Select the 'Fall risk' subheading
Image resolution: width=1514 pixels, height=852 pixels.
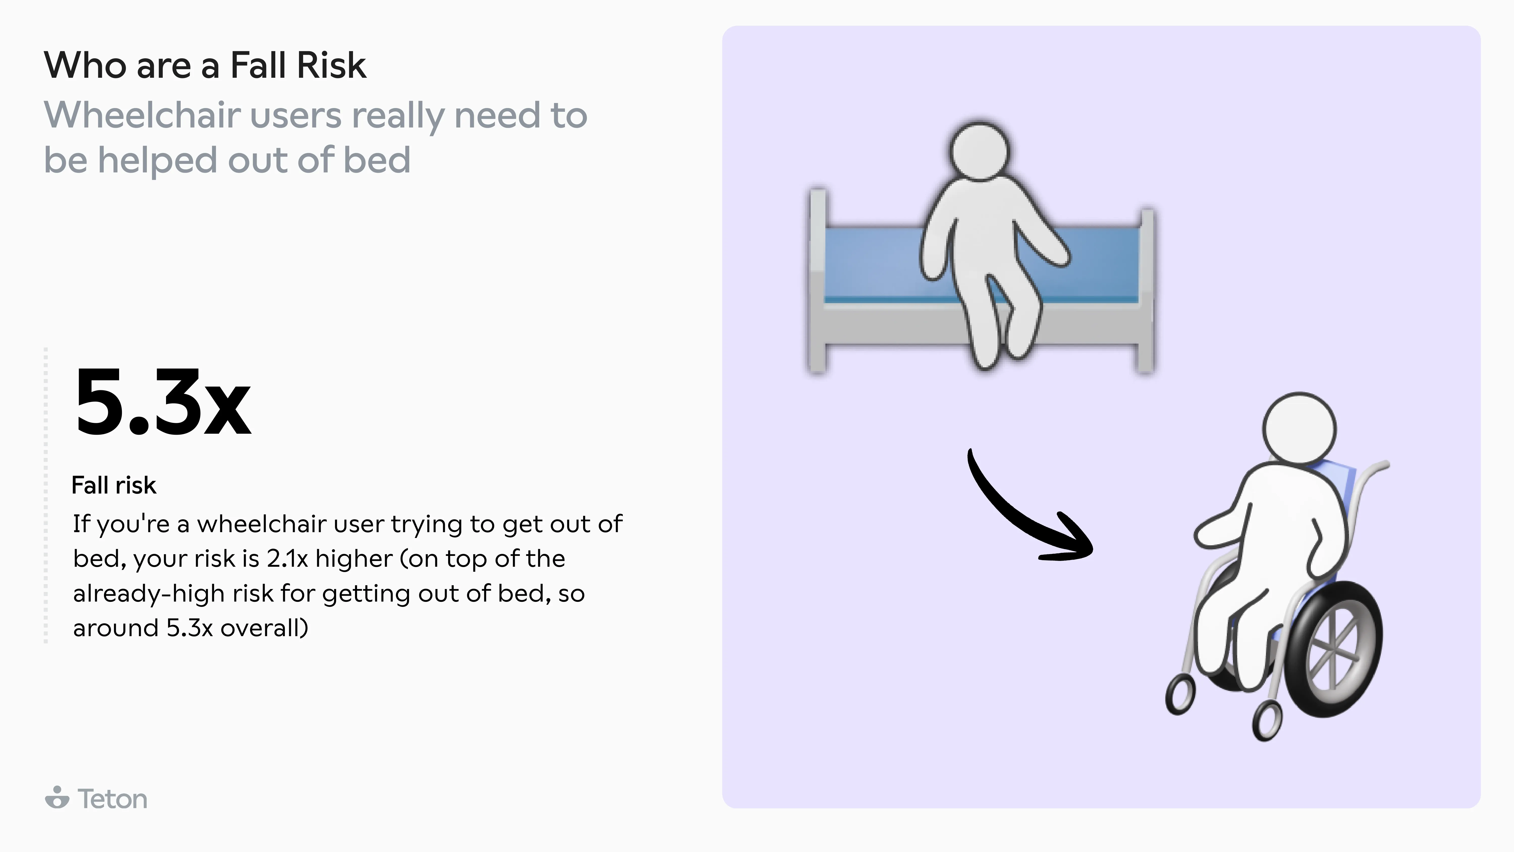coord(114,485)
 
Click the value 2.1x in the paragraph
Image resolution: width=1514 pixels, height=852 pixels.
coord(287,559)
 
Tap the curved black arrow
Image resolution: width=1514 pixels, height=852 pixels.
coord(1017,518)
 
